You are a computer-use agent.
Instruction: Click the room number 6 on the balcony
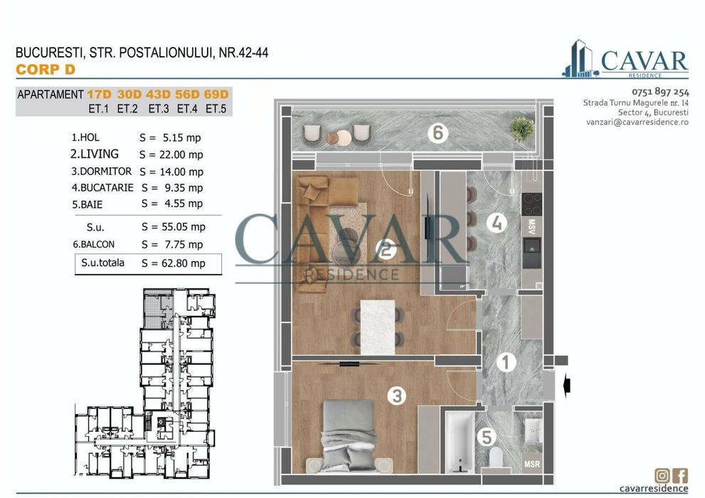(438, 132)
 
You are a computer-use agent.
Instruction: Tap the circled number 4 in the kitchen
(497, 223)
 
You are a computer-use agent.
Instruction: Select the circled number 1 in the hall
(505, 363)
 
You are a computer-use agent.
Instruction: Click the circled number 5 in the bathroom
(486, 437)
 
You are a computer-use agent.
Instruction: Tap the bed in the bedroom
(349, 434)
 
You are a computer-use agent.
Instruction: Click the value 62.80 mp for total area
(173, 263)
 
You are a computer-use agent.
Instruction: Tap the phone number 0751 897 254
(659, 92)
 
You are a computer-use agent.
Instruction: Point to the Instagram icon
(662, 475)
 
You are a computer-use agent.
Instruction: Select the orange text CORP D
(46, 70)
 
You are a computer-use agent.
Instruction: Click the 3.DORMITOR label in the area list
(102, 171)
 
